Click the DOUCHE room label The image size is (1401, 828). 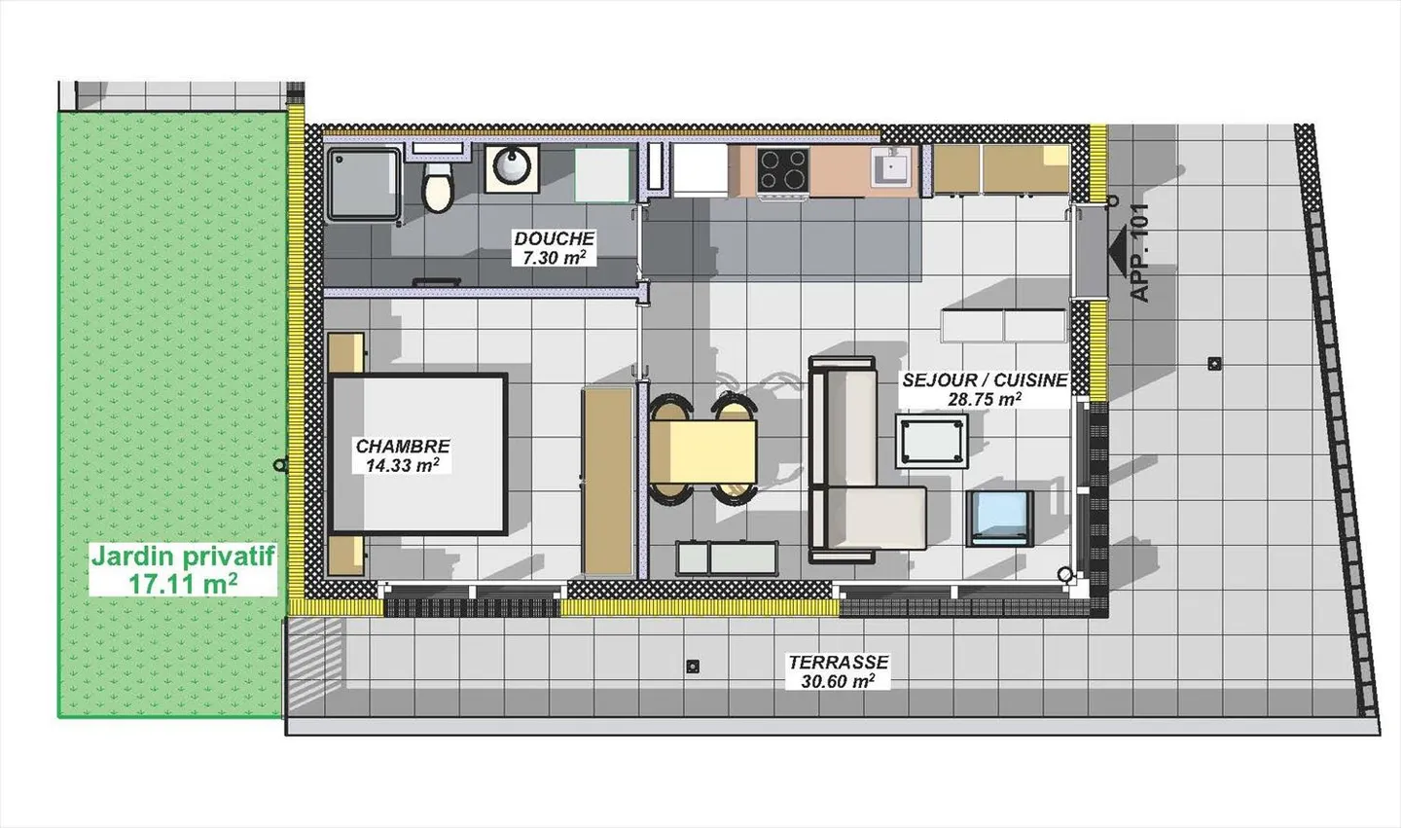click(x=554, y=238)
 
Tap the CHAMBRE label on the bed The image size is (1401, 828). click(x=403, y=447)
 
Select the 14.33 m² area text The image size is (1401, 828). click(x=402, y=466)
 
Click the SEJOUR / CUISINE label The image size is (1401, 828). click(x=985, y=380)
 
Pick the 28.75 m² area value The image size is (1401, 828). click(x=985, y=399)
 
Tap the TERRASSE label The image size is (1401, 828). click(x=838, y=663)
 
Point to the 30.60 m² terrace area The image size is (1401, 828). click(x=838, y=682)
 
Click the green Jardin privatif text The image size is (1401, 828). click(x=183, y=558)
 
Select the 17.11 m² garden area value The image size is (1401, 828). click(x=183, y=584)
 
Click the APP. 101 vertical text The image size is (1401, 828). click(x=1140, y=252)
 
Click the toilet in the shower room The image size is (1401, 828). click(x=439, y=188)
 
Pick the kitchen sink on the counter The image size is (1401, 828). click(x=892, y=167)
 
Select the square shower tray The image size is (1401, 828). click(x=362, y=182)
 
